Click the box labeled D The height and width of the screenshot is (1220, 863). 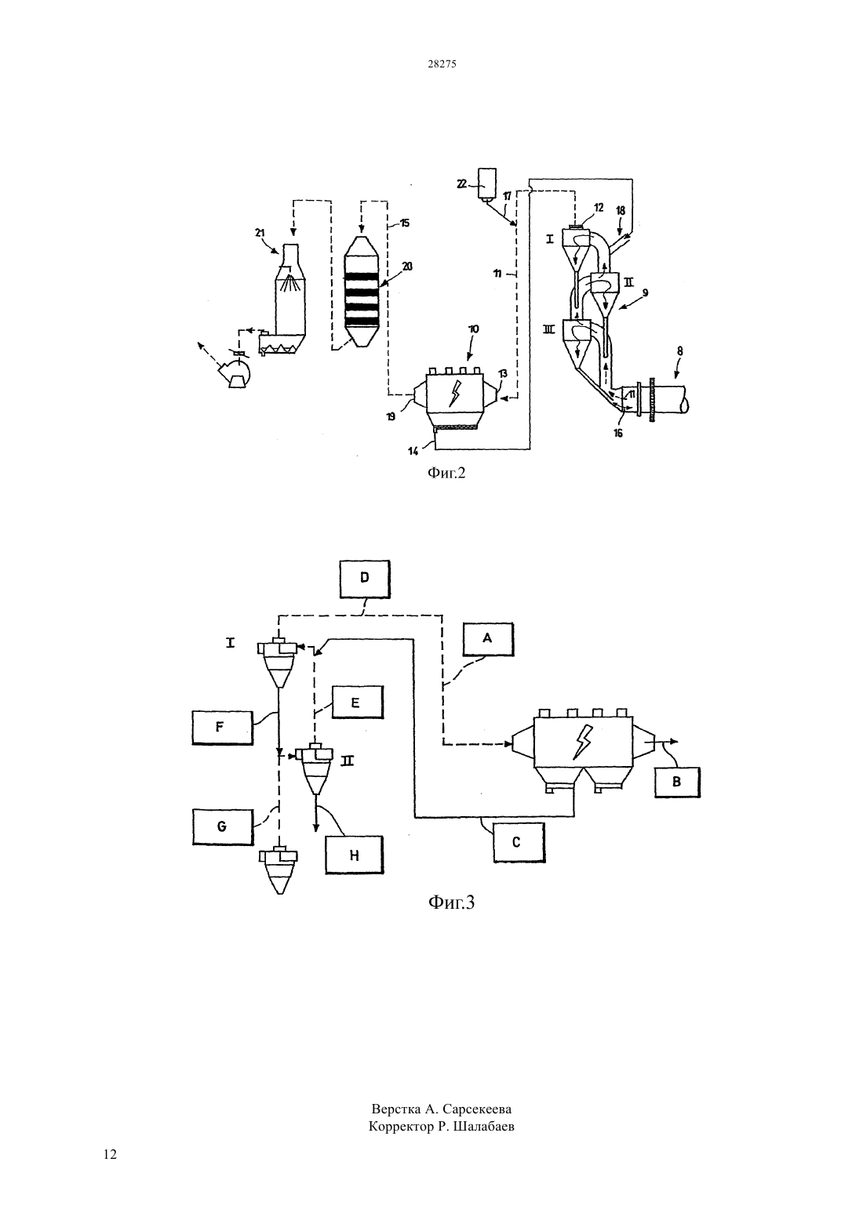coord(365,579)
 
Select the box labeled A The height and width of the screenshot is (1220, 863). coord(488,639)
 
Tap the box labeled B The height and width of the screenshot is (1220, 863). coord(677,782)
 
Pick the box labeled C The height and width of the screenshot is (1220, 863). coord(519,842)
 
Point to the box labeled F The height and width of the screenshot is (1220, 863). coord(222,728)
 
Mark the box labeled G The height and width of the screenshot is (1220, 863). coord(223,826)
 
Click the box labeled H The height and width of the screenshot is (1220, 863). coord(355,855)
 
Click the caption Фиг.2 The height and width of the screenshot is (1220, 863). coord(446,473)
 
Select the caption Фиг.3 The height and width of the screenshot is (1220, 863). coord(451,902)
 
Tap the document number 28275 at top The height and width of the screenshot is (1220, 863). coord(442,64)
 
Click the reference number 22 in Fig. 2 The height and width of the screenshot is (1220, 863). coord(462,184)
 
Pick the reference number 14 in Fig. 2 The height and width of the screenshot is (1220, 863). coord(414,451)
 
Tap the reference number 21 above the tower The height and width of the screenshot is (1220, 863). coord(260,233)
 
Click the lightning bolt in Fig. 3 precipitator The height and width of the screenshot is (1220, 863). coord(582,742)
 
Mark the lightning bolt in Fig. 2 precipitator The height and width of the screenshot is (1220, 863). coord(453,393)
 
